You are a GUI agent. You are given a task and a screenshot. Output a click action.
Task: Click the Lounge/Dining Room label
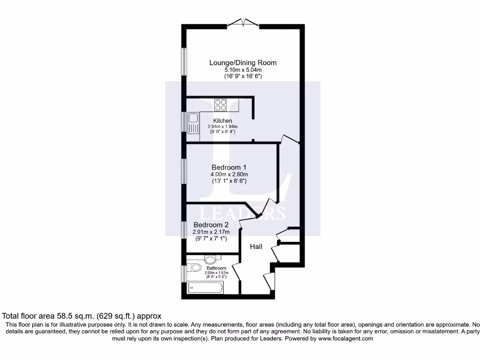(x=242, y=62)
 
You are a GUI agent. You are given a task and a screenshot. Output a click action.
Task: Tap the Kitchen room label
(x=223, y=121)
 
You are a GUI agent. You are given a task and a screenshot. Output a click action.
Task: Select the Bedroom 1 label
(x=229, y=167)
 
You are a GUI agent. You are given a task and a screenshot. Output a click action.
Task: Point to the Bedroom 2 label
(x=210, y=225)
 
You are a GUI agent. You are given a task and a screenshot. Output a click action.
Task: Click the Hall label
(x=255, y=247)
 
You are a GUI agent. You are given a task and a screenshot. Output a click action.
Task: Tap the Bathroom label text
(x=216, y=269)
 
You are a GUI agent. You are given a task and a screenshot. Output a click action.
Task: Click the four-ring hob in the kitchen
(x=221, y=105)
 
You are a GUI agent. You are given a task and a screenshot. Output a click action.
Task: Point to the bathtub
(x=205, y=287)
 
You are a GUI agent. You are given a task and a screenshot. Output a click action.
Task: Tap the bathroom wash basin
(x=211, y=259)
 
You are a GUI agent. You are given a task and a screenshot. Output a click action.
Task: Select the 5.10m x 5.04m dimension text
(x=242, y=70)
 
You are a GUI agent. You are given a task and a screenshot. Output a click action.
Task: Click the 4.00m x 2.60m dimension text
(x=229, y=174)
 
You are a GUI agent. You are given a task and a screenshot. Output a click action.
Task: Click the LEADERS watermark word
(x=242, y=213)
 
